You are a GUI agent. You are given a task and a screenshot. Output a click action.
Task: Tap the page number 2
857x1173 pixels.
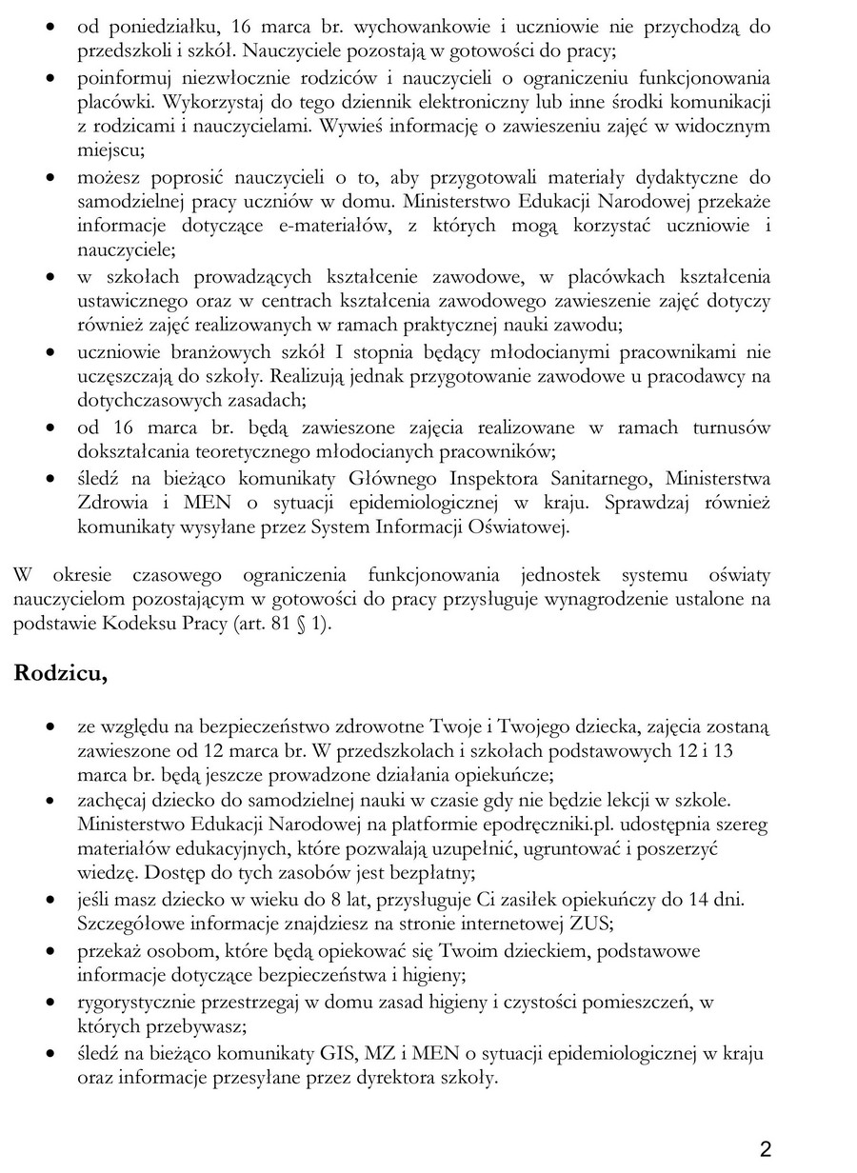766,1148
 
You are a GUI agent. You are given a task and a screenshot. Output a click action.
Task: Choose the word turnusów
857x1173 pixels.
734,426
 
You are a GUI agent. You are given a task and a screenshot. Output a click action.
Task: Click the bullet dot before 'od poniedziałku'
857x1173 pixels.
49,28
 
